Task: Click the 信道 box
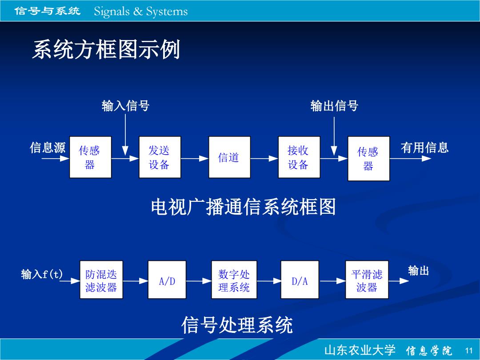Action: (230, 157)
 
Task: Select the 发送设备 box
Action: (160, 157)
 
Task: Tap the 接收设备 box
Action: (299, 157)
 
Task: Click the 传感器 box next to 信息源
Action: (90, 157)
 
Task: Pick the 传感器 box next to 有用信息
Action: (368, 159)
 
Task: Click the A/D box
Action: (167, 280)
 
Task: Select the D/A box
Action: (300, 280)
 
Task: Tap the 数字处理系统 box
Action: (234, 280)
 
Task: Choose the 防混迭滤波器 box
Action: (101, 280)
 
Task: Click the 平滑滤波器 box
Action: (367, 280)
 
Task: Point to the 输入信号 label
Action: (125, 106)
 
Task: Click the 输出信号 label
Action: (334, 106)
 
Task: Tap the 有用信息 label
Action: (424, 148)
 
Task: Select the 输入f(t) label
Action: (42, 274)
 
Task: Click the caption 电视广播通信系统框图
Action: (244, 207)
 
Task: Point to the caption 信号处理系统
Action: (237, 325)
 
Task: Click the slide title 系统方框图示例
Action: (106, 49)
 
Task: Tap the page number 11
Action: (469, 351)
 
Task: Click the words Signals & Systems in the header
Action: (141, 11)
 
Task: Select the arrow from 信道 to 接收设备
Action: (264, 158)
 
